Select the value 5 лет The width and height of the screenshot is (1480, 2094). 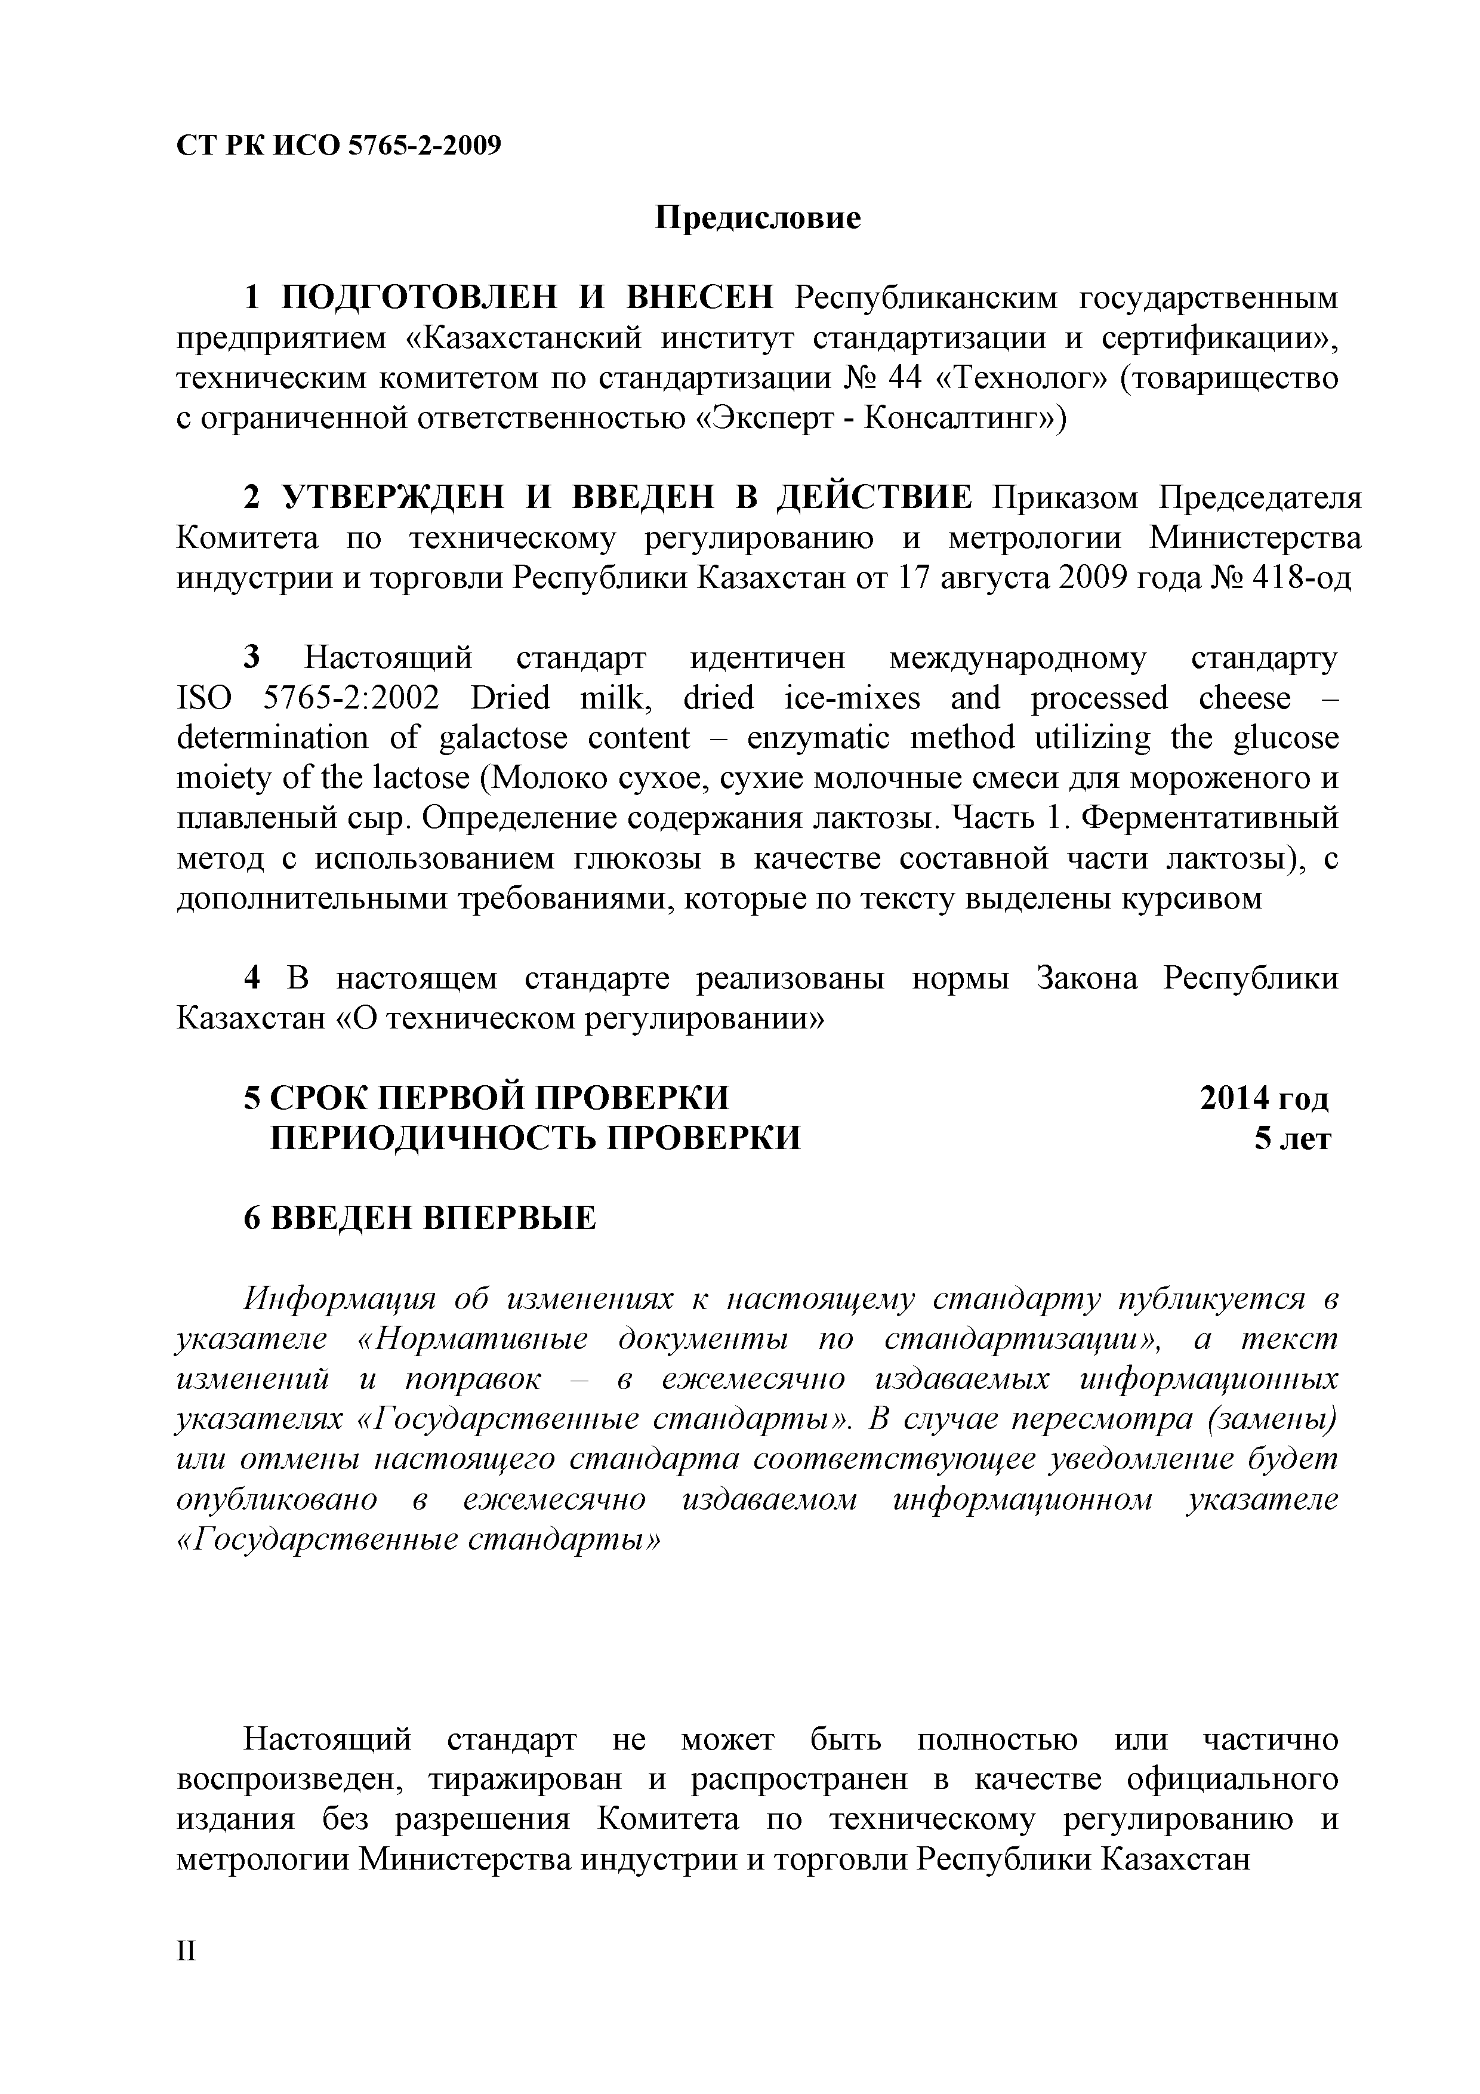coord(1292,1138)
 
